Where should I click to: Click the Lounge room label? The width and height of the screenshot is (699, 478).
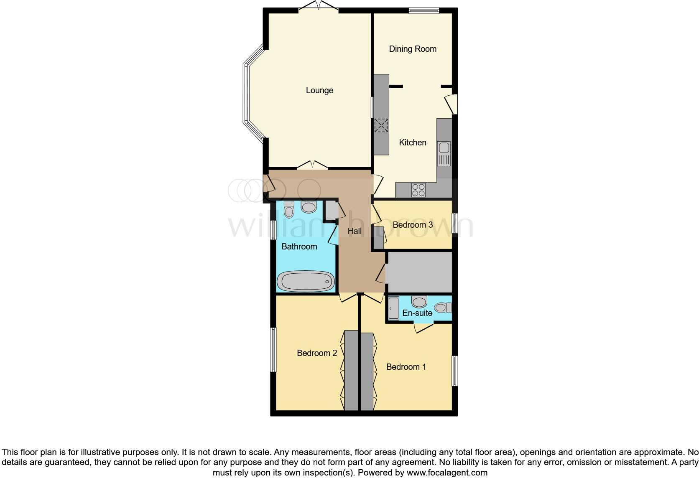pyautogui.click(x=319, y=90)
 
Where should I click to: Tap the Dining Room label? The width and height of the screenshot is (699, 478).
pyautogui.click(x=413, y=49)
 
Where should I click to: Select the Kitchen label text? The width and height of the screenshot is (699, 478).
pyautogui.click(x=413, y=142)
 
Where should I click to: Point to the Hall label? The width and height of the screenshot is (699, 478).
pyautogui.click(x=355, y=231)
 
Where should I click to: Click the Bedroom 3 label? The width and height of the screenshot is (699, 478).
pyautogui.click(x=412, y=225)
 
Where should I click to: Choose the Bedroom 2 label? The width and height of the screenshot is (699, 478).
pyautogui.click(x=316, y=353)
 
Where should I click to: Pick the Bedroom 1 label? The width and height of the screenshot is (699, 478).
pyautogui.click(x=406, y=367)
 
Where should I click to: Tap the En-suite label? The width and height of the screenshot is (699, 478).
pyautogui.click(x=417, y=313)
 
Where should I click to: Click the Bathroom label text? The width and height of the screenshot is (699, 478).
pyautogui.click(x=299, y=247)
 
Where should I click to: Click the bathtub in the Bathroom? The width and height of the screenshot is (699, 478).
pyautogui.click(x=306, y=282)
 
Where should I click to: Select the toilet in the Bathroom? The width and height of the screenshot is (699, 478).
pyautogui.click(x=289, y=210)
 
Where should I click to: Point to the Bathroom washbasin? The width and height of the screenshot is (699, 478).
pyautogui.click(x=309, y=207)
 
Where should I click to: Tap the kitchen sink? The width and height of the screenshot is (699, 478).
pyautogui.click(x=444, y=153)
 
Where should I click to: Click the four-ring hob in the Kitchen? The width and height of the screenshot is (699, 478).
pyautogui.click(x=418, y=190)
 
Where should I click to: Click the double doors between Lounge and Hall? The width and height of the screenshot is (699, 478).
pyautogui.click(x=312, y=165)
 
